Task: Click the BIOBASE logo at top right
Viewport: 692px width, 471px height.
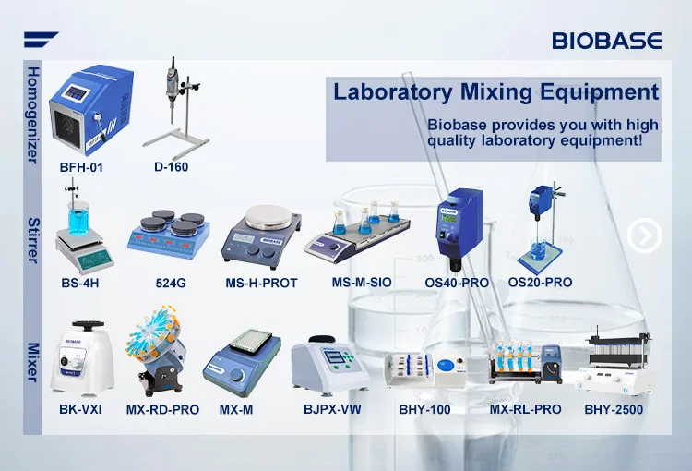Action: tap(606, 40)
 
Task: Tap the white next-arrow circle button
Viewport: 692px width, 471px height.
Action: tap(644, 236)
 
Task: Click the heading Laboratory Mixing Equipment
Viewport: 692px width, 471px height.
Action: tap(495, 92)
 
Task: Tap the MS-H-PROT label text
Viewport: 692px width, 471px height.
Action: tap(261, 283)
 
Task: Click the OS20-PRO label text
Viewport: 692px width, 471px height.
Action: tap(540, 282)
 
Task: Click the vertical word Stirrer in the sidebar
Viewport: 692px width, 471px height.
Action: tap(32, 241)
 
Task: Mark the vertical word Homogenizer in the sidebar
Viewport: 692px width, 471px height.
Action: tap(32, 115)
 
